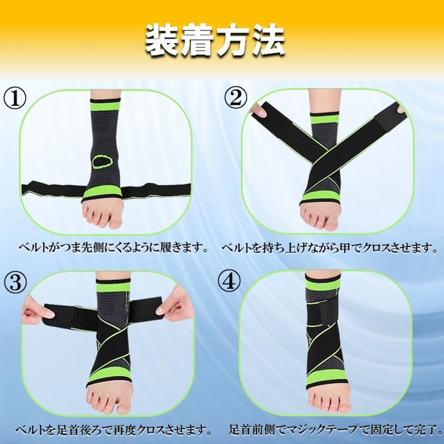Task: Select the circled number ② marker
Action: pos(236,98)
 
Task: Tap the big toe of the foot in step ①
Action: pos(115,221)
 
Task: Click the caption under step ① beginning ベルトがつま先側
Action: pos(113,248)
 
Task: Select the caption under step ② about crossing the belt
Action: pos(330,248)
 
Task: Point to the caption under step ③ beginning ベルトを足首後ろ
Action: pos(114,431)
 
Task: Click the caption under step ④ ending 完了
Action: pos(335,431)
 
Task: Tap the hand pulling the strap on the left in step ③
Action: pos(37,315)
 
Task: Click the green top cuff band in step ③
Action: pos(113,286)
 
